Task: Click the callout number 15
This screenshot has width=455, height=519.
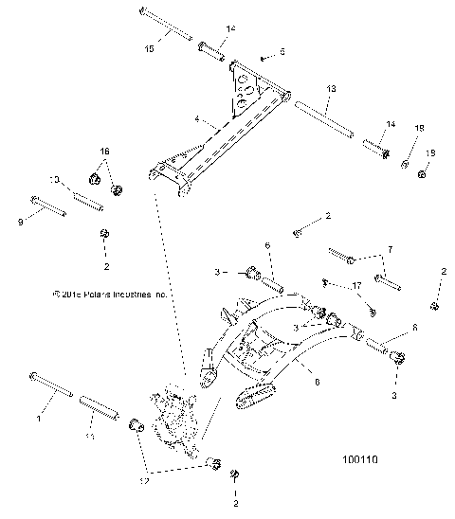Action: (148, 47)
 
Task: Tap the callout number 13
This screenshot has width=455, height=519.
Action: (331, 88)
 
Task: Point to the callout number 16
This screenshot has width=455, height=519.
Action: (105, 152)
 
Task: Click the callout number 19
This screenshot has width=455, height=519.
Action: (429, 153)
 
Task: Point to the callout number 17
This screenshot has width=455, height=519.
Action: (356, 284)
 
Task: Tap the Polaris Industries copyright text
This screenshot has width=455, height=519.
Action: (110, 295)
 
